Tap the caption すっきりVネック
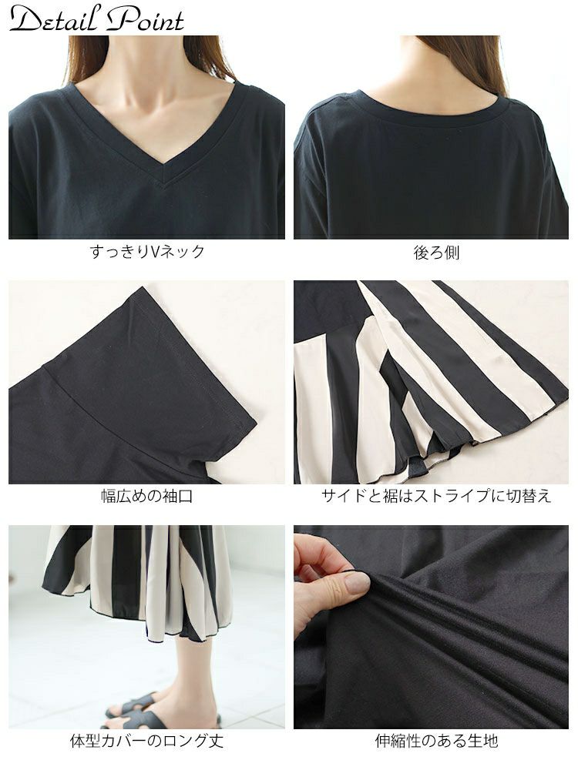[147, 252]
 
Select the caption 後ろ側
[436, 252]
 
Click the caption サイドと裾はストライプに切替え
[436, 496]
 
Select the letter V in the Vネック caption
[154, 252]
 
